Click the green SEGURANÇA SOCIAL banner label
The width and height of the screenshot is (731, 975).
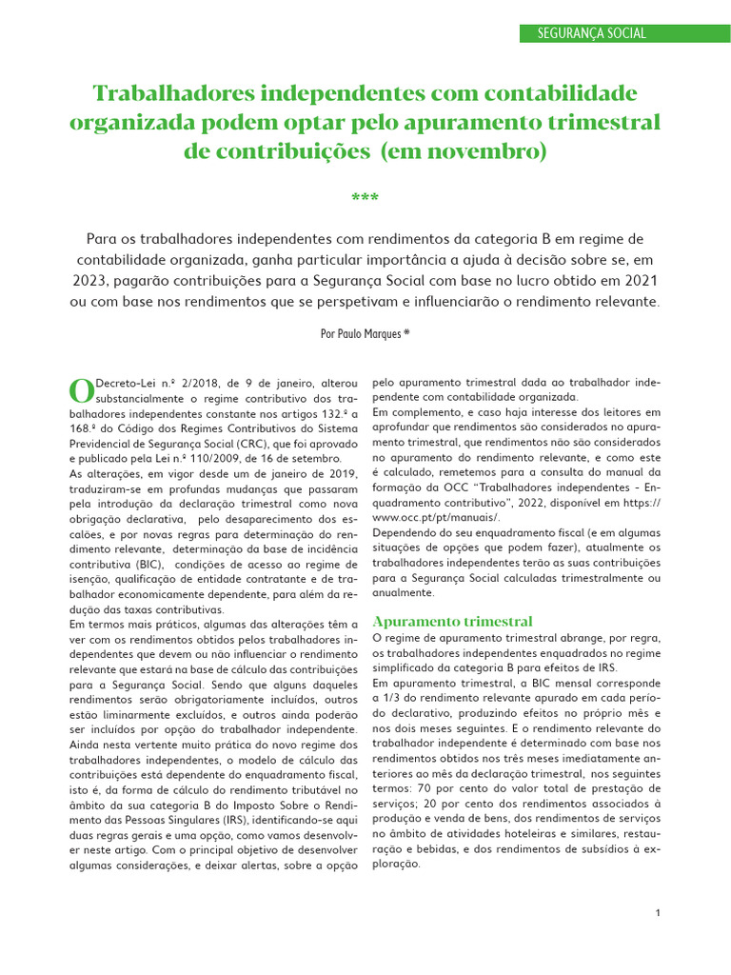[x=591, y=33]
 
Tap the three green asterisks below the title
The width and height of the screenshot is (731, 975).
[x=365, y=199]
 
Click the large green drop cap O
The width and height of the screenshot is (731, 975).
[x=82, y=390]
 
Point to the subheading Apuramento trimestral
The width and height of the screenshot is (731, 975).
[x=452, y=621]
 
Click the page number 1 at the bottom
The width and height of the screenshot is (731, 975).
[x=658, y=913]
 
